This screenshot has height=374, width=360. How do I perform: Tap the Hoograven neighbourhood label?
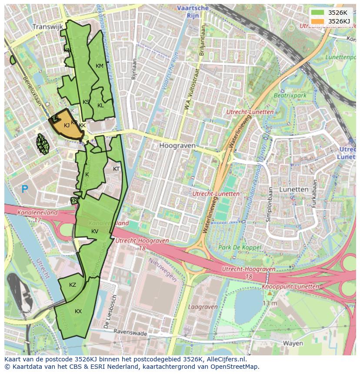click(177, 146)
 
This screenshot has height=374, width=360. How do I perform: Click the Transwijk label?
click(47, 26)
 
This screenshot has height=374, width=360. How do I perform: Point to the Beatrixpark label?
click(290, 95)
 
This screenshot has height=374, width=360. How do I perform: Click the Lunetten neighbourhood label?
click(293, 189)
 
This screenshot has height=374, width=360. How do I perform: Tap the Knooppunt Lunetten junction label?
click(290, 287)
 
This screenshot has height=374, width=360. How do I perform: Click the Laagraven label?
click(203, 307)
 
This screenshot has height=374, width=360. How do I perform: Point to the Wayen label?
click(293, 343)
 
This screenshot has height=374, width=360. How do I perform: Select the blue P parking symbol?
click(25, 189)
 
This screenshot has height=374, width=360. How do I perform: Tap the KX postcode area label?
click(78, 311)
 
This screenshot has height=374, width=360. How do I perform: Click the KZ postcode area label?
click(73, 285)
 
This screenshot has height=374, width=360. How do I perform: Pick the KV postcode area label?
click(95, 231)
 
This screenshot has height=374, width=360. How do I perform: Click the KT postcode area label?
click(117, 169)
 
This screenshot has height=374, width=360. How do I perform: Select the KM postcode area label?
click(100, 66)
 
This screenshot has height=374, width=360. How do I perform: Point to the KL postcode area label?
click(100, 106)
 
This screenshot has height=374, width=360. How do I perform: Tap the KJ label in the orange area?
click(67, 126)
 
